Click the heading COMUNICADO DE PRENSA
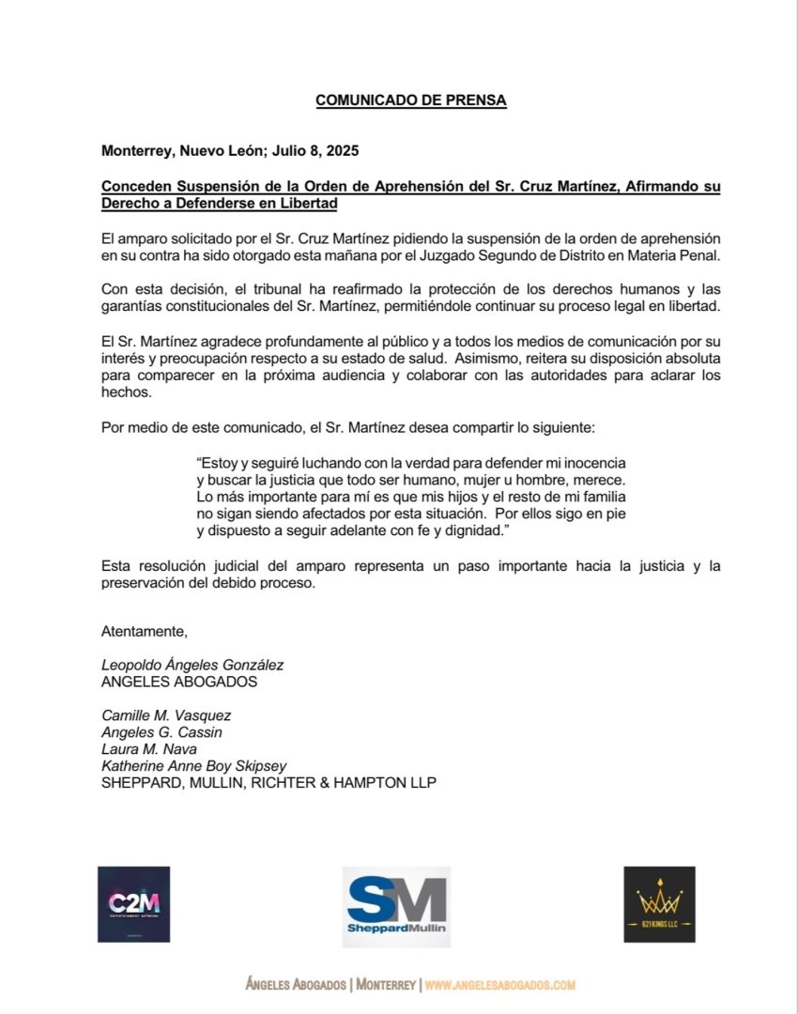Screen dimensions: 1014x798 [x=410, y=100]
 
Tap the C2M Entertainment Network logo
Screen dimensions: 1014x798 [x=133, y=904]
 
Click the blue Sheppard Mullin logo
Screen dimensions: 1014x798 [x=396, y=906]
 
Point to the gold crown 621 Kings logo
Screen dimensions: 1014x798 [x=659, y=904]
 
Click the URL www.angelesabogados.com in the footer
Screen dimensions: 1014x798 [x=499, y=985]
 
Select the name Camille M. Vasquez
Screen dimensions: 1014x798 [x=165, y=715]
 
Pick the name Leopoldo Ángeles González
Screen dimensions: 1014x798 [x=192, y=665]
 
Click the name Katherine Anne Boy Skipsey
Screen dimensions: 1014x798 [x=194, y=766]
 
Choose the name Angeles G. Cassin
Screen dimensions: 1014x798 [x=161, y=732]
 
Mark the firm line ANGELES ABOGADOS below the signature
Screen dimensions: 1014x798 [x=178, y=682]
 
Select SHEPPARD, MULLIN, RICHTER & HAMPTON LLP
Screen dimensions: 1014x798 [x=269, y=783]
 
